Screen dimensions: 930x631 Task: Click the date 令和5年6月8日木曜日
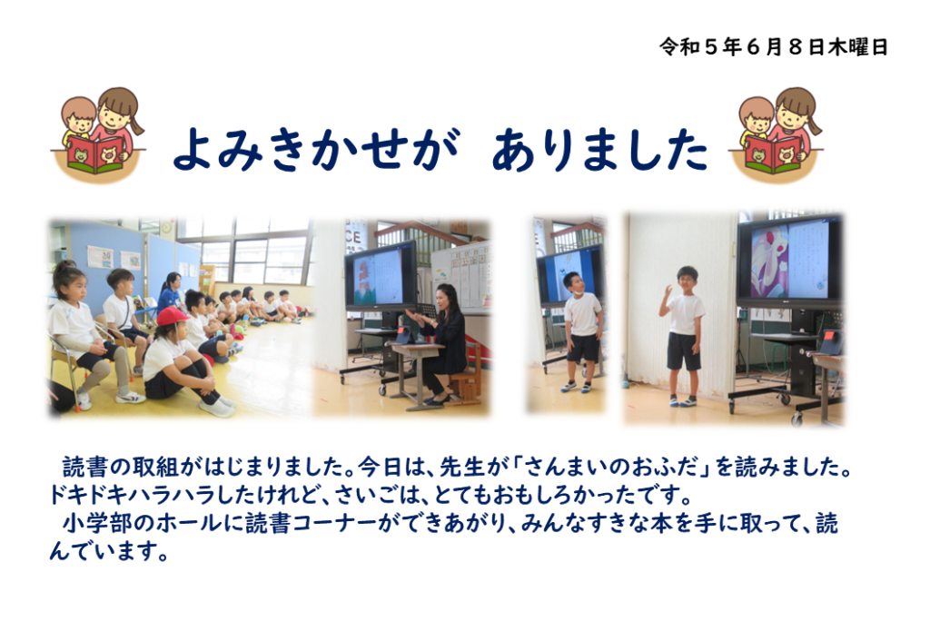click(x=773, y=46)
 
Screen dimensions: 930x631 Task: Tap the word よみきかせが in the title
click(x=316, y=149)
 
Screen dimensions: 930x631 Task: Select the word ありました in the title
click(x=599, y=149)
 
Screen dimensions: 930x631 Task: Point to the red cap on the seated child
click(x=172, y=316)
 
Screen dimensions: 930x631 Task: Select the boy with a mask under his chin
click(x=582, y=332)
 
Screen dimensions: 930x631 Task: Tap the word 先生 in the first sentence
click(x=462, y=468)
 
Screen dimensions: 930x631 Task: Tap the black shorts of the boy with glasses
click(x=683, y=351)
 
